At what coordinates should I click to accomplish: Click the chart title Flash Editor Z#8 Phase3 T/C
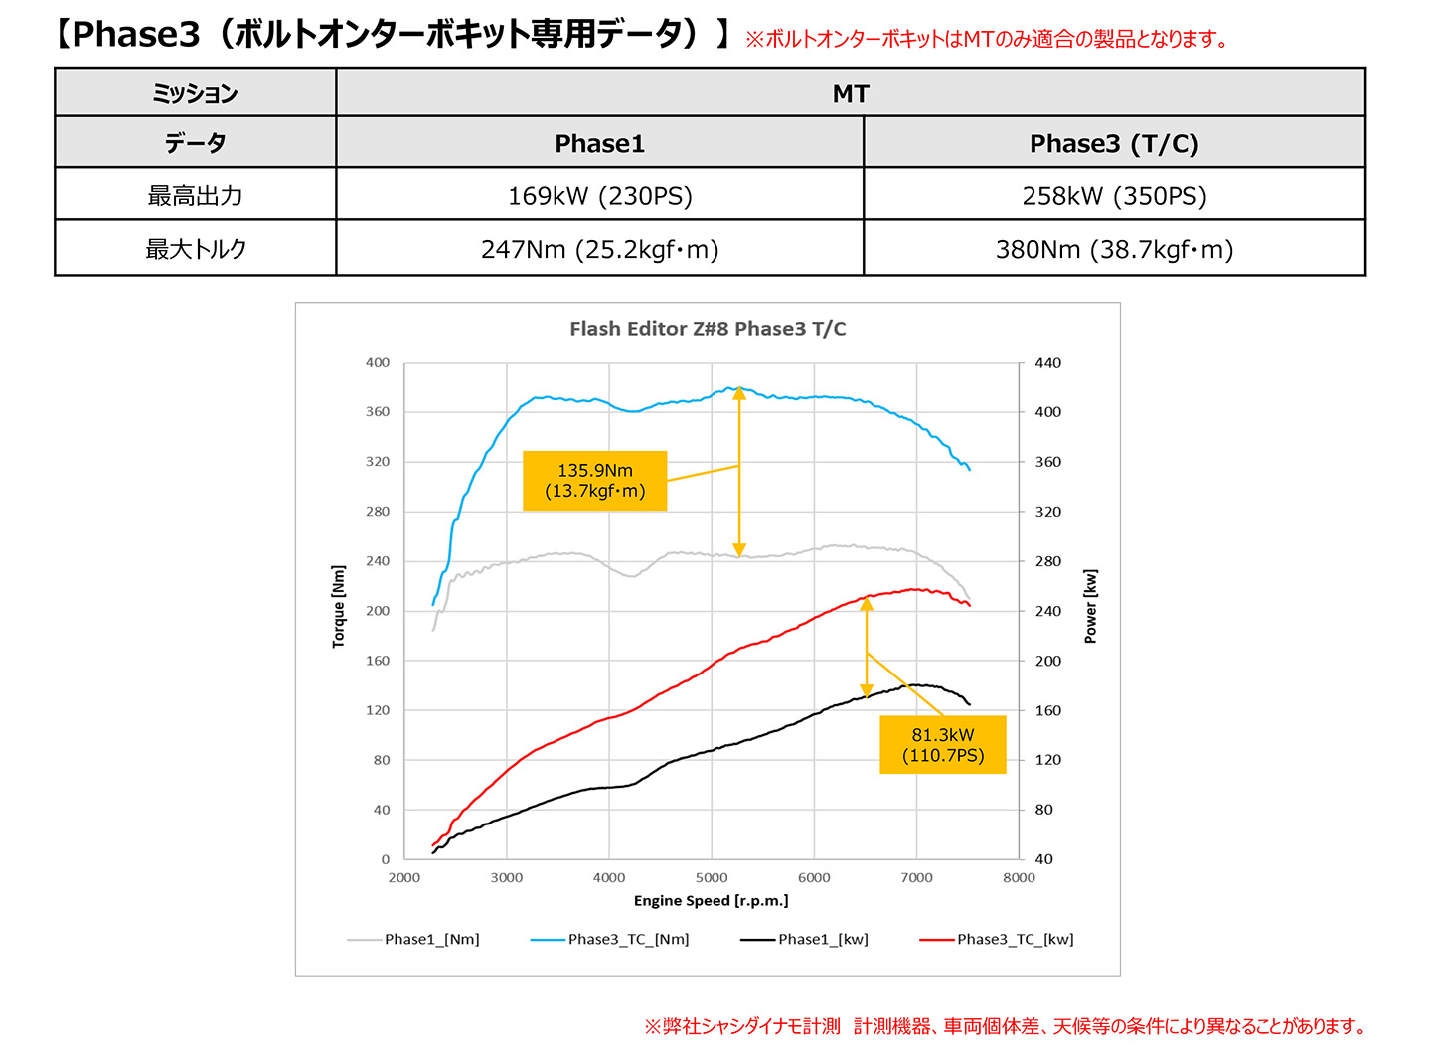(708, 329)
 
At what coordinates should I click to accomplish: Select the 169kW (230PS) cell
(600, 194)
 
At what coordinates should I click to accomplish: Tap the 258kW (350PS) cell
(1114, 194)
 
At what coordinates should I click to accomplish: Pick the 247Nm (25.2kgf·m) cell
(600, 248)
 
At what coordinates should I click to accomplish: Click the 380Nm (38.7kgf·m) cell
(1114, 248)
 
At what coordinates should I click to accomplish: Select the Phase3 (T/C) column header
(1114, 142)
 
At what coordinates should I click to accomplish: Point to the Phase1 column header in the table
(600, 142)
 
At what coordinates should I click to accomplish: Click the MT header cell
(851, 93)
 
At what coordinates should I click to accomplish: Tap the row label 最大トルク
(196, 248)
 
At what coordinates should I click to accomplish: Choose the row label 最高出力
(196, 194)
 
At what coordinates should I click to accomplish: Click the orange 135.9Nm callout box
(594, 481)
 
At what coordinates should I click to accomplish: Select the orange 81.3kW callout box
(942, 744)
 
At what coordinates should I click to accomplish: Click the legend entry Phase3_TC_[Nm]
(609, 939)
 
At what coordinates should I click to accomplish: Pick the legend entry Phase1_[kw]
(804, 939)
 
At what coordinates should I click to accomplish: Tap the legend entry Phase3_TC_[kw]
(997, 939)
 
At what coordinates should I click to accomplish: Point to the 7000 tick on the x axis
(916, 878)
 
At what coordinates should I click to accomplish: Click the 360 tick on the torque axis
(377, 412)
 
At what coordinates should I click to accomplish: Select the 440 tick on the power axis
(1047, 362)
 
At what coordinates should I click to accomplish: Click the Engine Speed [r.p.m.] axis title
(712, 901)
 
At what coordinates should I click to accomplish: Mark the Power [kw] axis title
(1090, 607)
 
